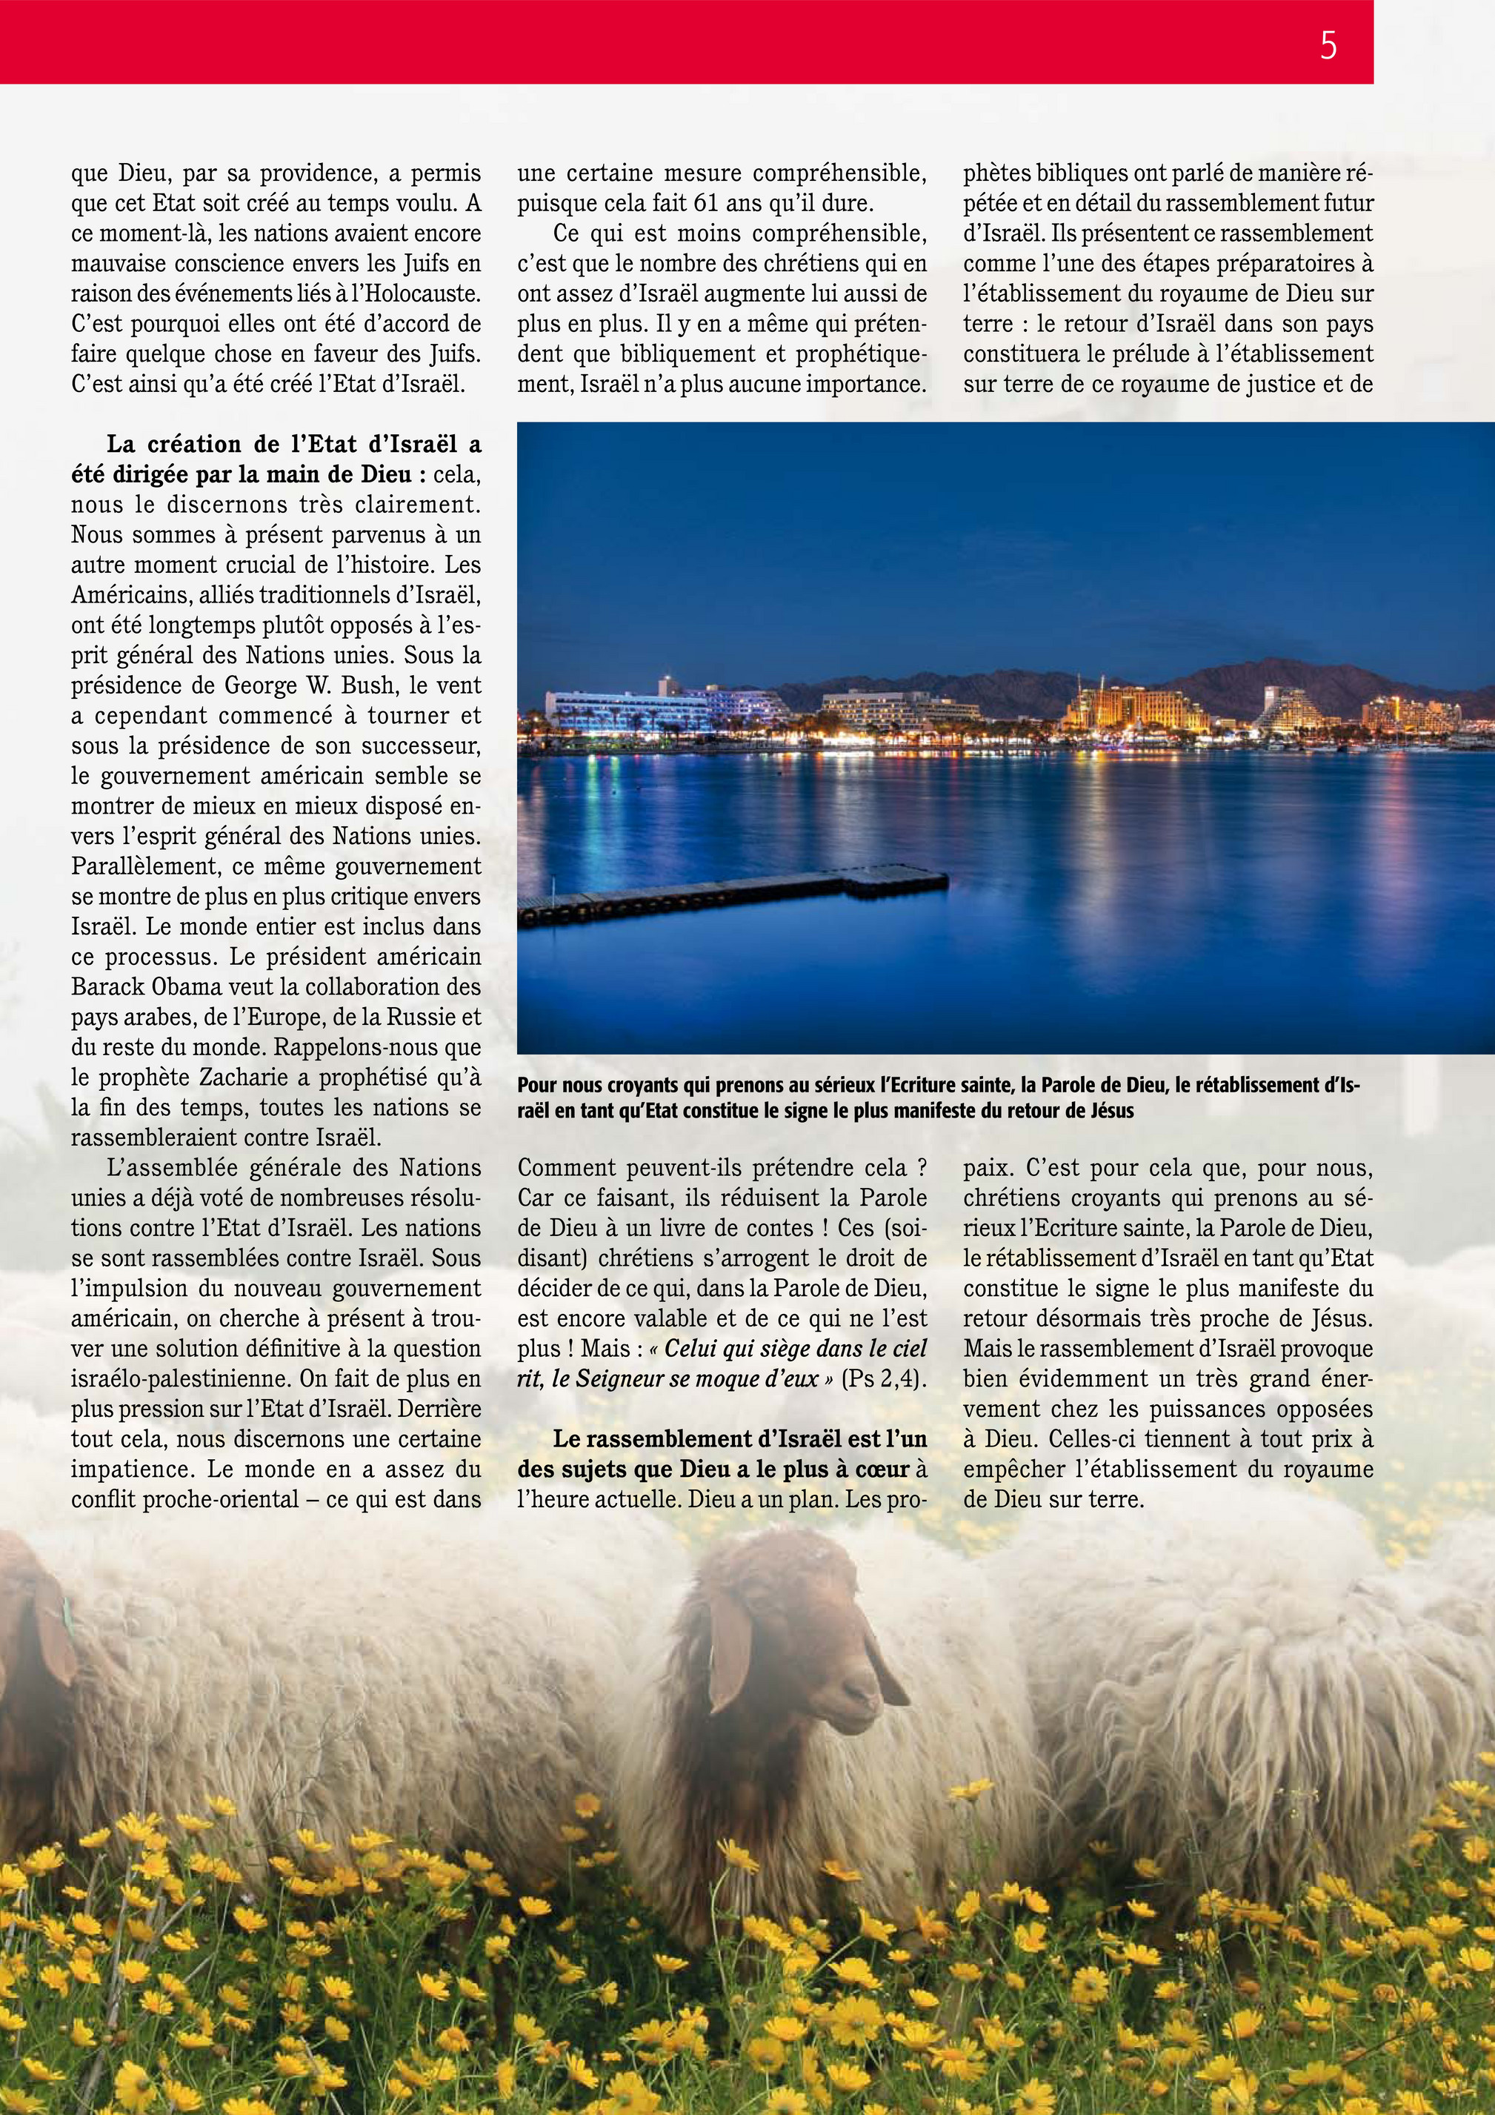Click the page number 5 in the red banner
coord(1328,45)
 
